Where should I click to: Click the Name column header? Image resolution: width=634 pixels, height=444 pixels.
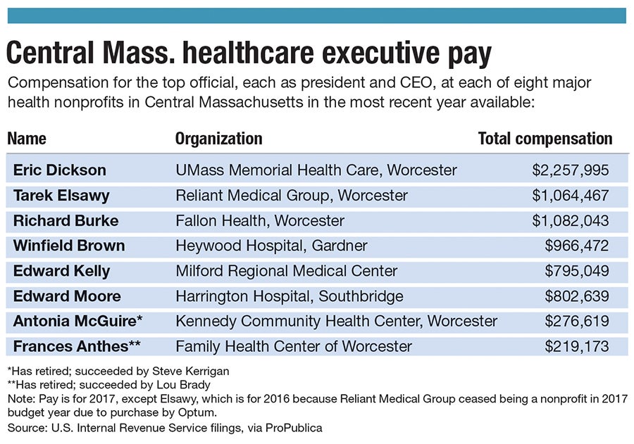27,139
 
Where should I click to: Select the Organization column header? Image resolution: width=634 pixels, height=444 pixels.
218,139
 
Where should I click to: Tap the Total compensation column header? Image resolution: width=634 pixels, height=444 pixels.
545,139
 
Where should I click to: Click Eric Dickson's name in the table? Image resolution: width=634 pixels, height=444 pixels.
59,170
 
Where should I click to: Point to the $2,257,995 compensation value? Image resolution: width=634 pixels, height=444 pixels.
571,170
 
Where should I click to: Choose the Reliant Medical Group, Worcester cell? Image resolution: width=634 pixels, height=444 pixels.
291,196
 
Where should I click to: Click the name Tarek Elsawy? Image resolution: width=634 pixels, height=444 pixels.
61,196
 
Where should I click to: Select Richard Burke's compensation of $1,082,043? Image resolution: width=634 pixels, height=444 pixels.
571,221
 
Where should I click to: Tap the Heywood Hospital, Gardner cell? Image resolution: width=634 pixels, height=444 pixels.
271,246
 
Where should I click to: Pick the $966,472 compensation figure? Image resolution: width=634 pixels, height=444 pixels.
577,246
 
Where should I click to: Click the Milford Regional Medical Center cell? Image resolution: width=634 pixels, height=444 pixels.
286,271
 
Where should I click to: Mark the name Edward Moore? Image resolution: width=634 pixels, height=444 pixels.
67,296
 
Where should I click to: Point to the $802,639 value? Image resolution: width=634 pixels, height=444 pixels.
577,296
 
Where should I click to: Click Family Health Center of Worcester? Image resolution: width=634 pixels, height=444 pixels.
294,346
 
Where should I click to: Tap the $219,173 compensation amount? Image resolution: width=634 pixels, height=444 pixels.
577,346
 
